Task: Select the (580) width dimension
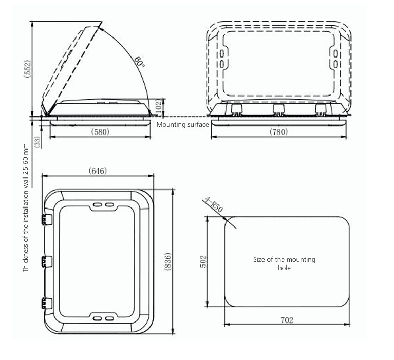pos(100,132)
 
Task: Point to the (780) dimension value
pos(278,132)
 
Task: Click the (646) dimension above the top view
pos(98,170)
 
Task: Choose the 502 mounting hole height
pos(202,261)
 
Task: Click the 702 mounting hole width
pos(287,320)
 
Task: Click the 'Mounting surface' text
pos(182,124)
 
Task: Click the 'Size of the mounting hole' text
pos(284,263)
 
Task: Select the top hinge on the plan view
pos(47,219)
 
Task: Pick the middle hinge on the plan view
pos(47,261)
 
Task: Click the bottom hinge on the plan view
pos(47,304)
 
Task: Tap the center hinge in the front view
pos(278,109)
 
